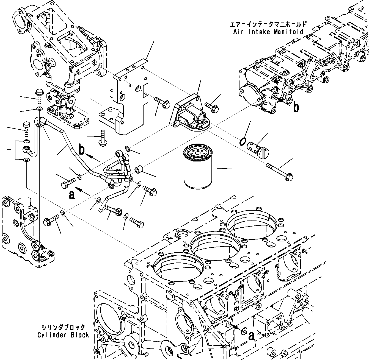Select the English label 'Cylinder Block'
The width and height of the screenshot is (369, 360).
(63, 335)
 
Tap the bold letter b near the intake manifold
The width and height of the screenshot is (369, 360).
(296, 107)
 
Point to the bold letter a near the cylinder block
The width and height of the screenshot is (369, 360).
(251, 336)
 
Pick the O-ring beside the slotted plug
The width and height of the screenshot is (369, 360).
(243, 141)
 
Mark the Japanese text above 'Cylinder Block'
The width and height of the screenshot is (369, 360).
(63, 327)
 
